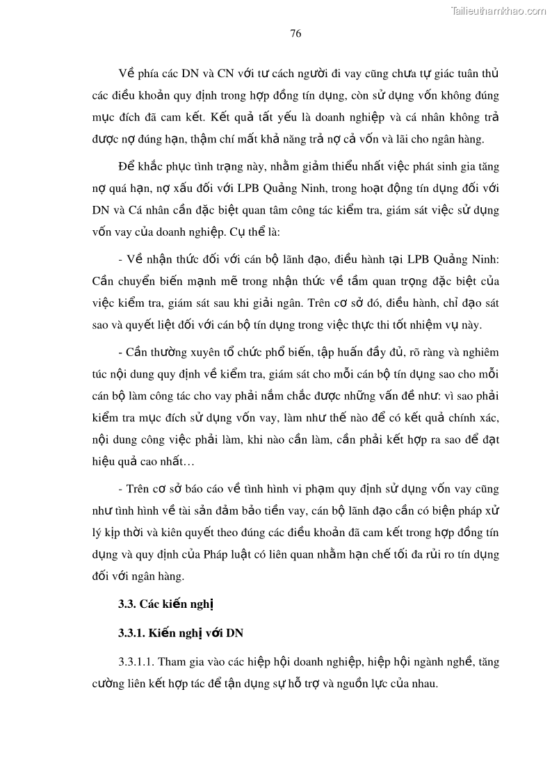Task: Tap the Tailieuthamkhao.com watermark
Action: pyautogui.click(x=498, y=10)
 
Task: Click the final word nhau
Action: pyautogui.click(x=422, y=683)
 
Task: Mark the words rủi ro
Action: pyautogui.click(x=431, y=554)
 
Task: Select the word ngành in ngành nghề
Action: pyautogui.click(x=424, y=661)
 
